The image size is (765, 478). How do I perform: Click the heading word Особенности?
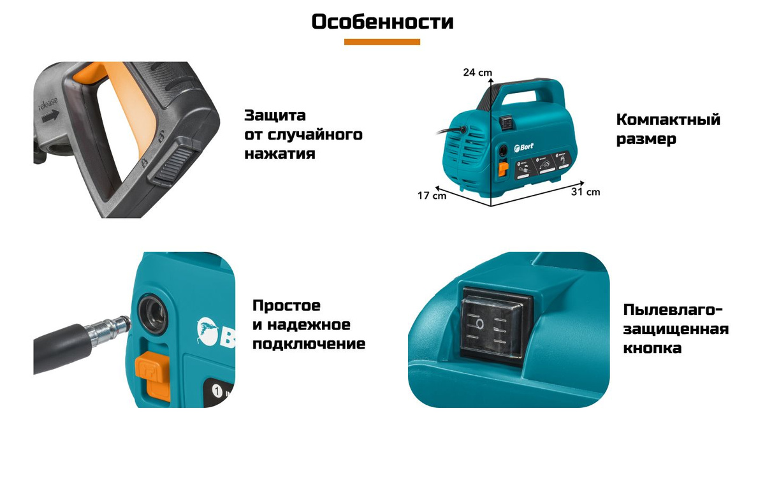382,22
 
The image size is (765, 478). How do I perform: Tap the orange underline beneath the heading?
382,42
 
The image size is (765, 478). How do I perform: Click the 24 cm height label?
473,72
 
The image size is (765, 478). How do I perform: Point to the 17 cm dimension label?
432,196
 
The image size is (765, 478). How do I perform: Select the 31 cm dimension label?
585,192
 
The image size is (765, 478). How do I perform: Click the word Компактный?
668,120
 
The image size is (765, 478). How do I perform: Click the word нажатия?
280,154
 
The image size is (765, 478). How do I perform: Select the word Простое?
286,305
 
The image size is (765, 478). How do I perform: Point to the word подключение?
309,344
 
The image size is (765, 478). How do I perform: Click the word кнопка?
652,348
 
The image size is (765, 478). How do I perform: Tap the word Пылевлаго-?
673,310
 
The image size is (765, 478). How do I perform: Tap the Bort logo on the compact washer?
522,147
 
